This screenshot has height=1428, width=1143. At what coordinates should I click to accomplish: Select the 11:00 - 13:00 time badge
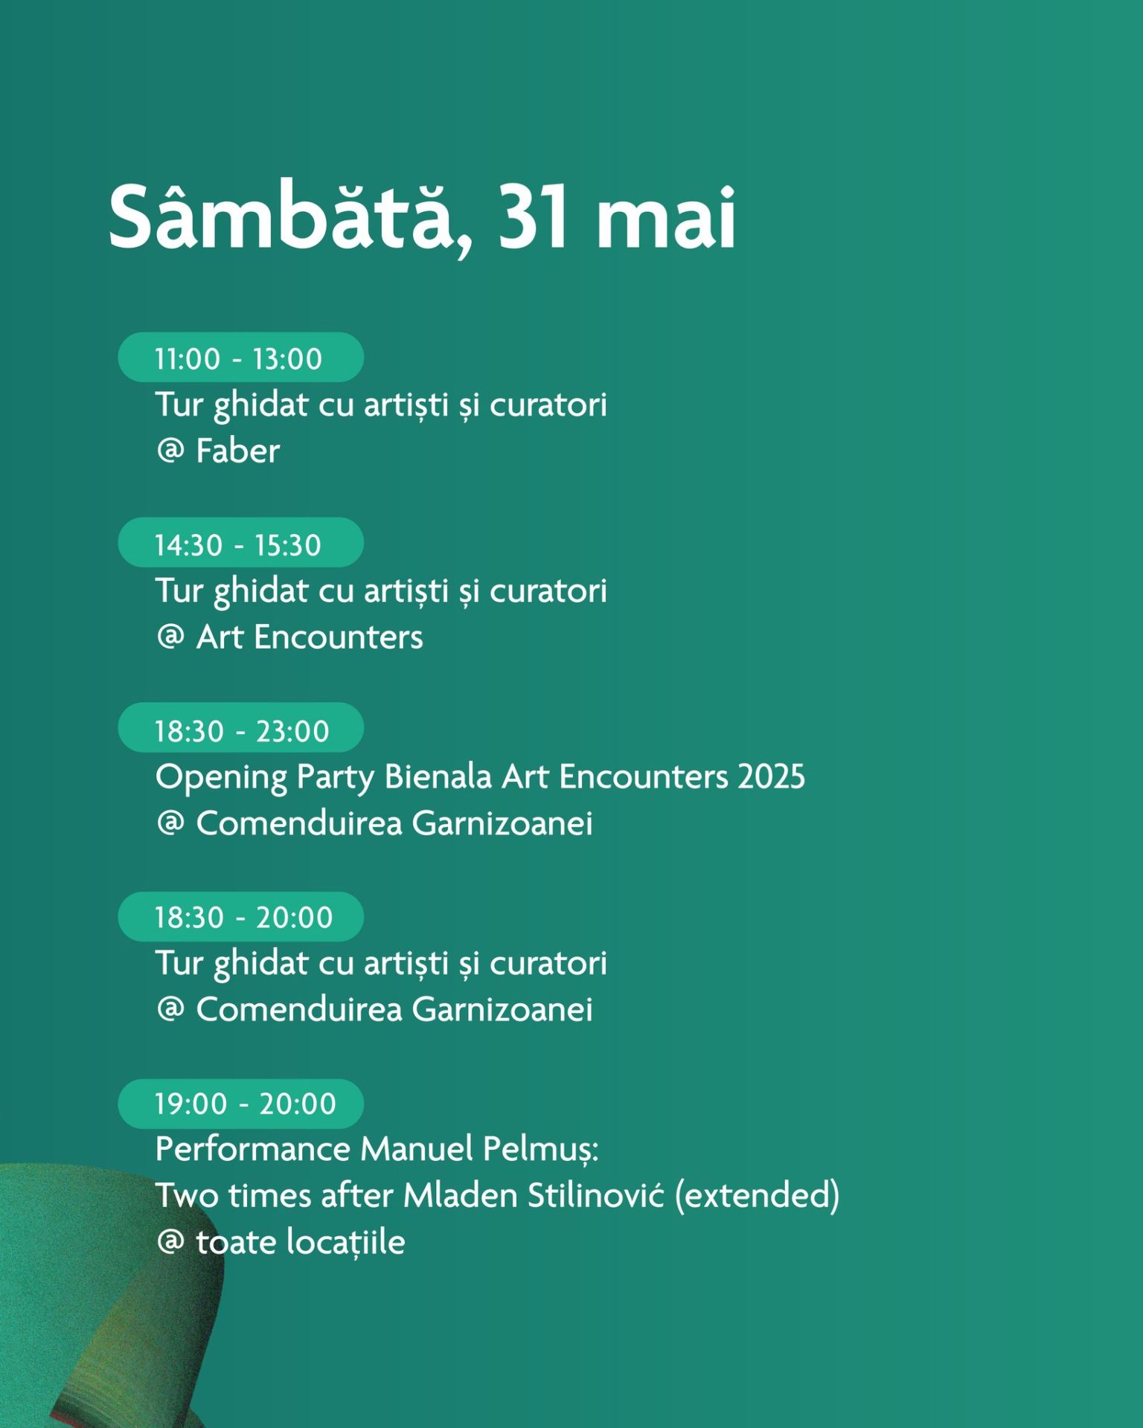(x=240, y=358)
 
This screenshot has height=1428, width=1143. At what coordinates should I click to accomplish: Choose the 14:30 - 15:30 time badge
(x=240, y=543)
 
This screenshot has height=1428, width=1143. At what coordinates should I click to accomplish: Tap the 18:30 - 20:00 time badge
(x=240, y=916)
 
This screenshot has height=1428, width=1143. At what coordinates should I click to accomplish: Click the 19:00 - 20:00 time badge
(x=240, y=1104)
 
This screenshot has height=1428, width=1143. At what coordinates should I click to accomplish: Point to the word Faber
(x=238, y=451)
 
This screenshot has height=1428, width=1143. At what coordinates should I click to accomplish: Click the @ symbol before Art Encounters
(x=170, y=637)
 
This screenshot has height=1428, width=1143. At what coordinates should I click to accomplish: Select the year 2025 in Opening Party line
(x=772, y=776)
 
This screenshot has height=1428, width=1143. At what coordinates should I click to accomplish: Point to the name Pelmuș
(x=541, y=1150)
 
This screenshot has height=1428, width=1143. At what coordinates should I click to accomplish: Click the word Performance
(x=253, y=1149)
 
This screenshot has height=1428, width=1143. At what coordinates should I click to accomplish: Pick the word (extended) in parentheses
(x=758, y=1196)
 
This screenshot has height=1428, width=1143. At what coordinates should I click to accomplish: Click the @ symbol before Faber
(x=170, y=451)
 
